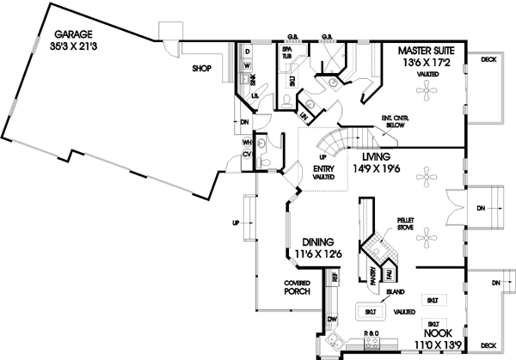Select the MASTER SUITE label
(427, 52)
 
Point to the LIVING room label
(377, 157)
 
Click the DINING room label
(316, 243)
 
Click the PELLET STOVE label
(406, 223)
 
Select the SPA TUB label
(288, 55)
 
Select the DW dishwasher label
(331, 320)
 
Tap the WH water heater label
(247, 143)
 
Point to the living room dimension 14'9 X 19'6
(377, 169)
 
